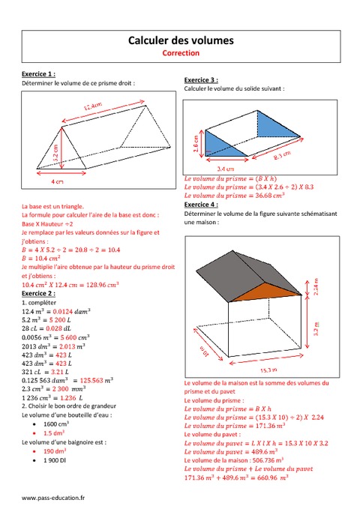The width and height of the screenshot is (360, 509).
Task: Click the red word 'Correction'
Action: pos(181,53)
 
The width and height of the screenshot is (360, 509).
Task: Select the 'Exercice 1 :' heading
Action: pos(35,75)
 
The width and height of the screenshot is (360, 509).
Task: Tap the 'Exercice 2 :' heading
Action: pos(35,294)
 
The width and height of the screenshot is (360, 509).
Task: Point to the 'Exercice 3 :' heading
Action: pos(201,79)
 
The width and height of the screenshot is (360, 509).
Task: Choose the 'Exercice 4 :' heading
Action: pos(201,204)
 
